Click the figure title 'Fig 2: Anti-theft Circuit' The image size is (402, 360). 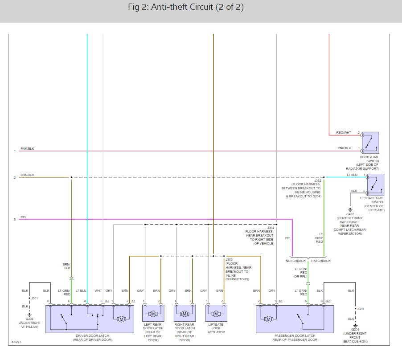pos(185,8)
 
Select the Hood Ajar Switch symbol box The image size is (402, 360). pos(370,143)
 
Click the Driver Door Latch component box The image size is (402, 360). pos(92,319)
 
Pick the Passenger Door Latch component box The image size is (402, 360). pos(295,319)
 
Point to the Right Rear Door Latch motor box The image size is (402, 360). pos(185,313)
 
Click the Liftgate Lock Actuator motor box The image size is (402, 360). pos(216,313)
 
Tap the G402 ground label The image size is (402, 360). pos(350,214)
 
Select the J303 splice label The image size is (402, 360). pos(229,259)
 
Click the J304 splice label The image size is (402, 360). pos(271,228)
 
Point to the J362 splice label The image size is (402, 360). pos(317,181)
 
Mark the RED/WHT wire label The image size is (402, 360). pos(344,133)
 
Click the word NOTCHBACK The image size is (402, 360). pos(296,261)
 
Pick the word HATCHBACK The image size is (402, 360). pos(320,261)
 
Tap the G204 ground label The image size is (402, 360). pos(29,319)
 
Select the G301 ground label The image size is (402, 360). pos(356,330)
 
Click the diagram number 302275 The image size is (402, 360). pos(17,343)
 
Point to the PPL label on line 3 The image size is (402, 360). pos(24,217)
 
